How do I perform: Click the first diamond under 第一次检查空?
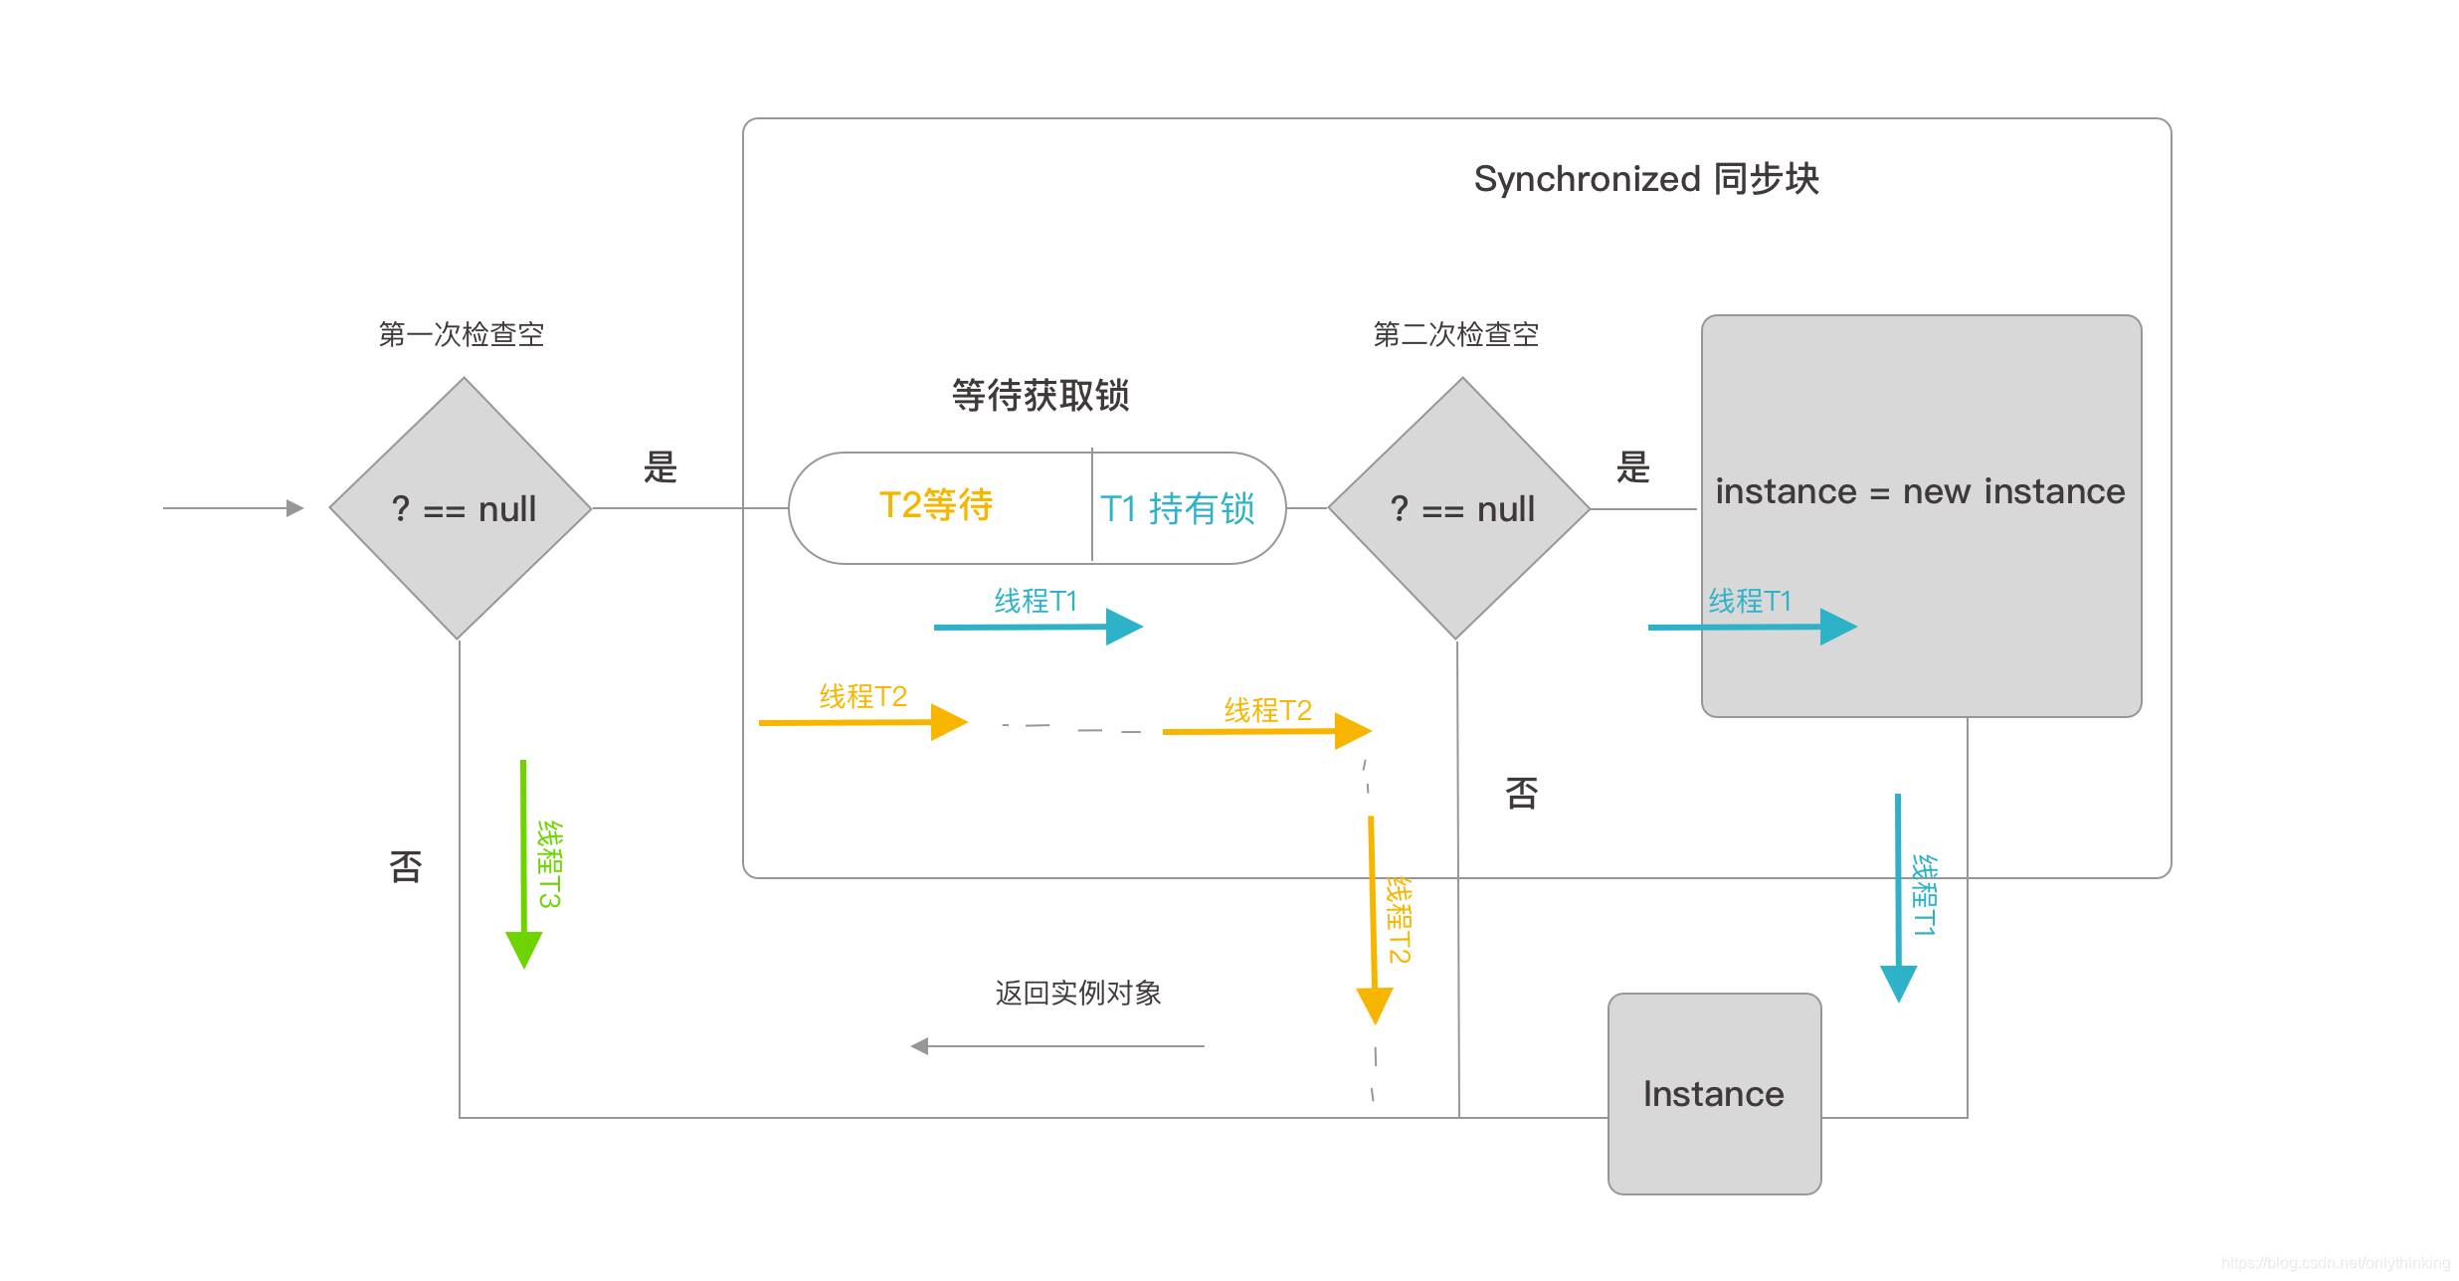click(461, 508)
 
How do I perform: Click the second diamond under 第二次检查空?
click(1459, 508)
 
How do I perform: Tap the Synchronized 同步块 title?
click(1646, 179)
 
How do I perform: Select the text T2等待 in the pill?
click(936, 505)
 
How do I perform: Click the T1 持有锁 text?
click(1178, 508)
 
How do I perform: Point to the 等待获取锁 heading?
click(1040, 395)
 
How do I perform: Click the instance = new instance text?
click(1920, 491)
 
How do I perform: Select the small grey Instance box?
click(1714, 1093)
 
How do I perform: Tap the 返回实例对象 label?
click(1078, 993)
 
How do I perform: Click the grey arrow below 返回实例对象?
click(1056, 1046)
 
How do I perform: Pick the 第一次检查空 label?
click(462, 334)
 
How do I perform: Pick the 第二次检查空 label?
click(1456, 334)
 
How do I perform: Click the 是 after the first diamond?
click(661, 466)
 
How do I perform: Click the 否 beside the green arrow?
click(406, 866)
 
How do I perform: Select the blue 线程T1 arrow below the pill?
click(1038, 627)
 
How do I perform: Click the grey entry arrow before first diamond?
click(233, 508)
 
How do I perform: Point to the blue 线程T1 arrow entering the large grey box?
click(1752, 627)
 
